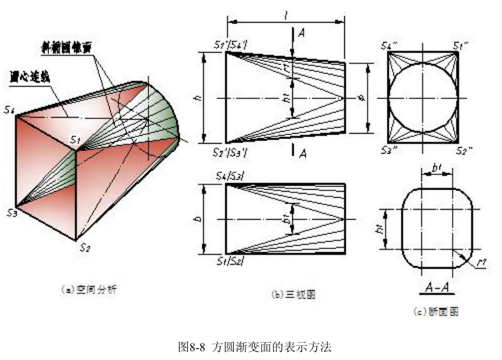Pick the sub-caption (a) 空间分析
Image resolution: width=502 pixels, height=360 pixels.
pyautogui.click(x=89, y=289)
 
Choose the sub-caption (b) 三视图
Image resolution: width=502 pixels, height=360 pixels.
pyautogui.click(x=291, y=293)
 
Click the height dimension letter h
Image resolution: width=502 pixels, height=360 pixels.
pyautogui.click(x=199, y=97)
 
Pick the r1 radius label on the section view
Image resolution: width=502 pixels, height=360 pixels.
pyautogui.click(x=481, y=263)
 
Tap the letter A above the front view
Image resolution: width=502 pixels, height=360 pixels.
pyautogui.click(x=302, y=32)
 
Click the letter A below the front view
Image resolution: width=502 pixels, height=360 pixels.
pyautogui.click(x=302, y=154)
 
